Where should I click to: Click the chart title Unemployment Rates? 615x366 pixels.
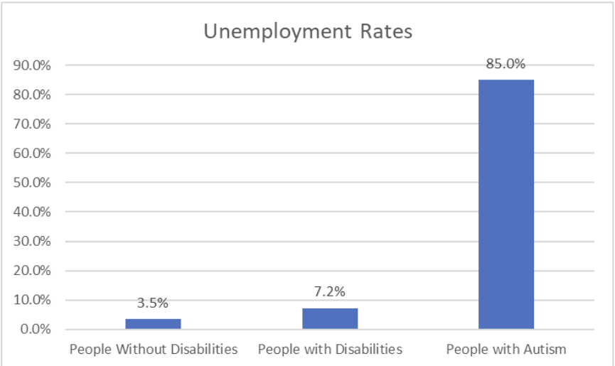(x=308, y=32)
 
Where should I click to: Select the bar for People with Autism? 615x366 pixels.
(x=506, y=204)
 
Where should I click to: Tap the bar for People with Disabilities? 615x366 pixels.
(x=330, y=318)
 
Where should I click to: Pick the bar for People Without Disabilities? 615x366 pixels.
(x=153, y=323)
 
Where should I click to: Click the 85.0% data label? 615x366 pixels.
(x=506, y=65)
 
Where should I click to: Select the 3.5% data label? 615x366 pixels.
(x=153, y=303)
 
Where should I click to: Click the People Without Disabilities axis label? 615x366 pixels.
(x=153, y=349)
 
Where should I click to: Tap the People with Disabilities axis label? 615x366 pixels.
(x=330, y=349)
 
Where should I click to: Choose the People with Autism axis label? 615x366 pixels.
(x=506, y=349)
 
